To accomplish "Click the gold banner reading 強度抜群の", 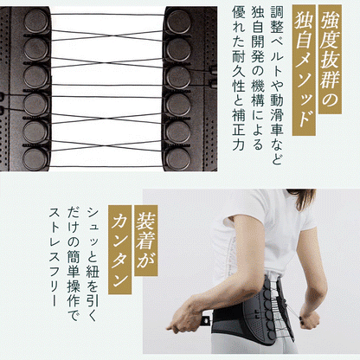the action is point(330,59).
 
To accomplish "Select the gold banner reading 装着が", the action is point(146,241).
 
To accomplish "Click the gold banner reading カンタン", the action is point(119,249).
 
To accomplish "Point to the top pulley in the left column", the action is point(36,21).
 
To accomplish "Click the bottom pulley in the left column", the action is point(35,159).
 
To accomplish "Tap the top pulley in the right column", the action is point(178,22).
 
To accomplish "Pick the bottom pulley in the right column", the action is point(178,159).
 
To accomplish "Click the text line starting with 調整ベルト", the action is point(276,86).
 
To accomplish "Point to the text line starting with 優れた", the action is point(238,79).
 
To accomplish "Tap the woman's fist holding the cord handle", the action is point(310,319).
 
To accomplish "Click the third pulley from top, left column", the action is point(35,76).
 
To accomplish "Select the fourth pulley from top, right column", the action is point(178,104).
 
